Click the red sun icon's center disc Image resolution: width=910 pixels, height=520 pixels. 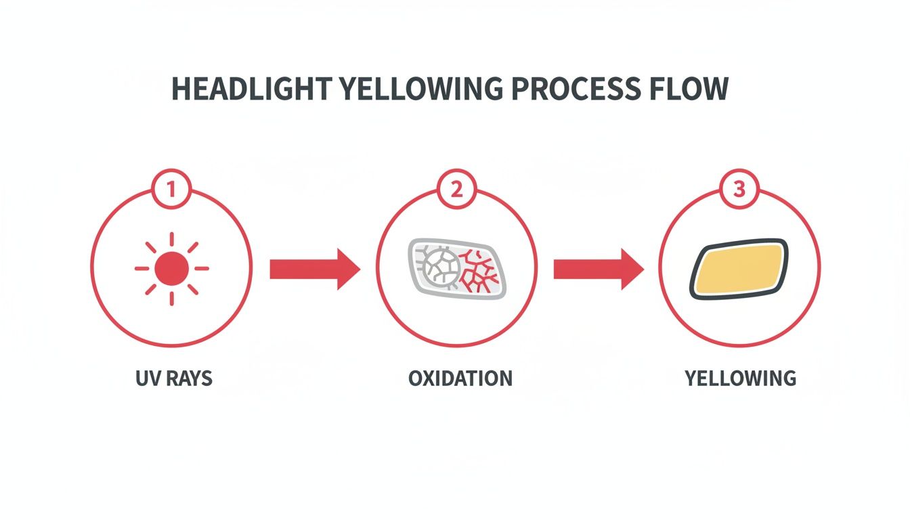(x=171, y=268)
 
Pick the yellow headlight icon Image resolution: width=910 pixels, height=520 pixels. (x=739, y=269)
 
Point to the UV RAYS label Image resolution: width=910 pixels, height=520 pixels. (x=174, y=378)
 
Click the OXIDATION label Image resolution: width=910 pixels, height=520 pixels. (x=460, y=378)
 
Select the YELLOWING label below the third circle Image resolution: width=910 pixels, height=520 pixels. (x=740, y=378)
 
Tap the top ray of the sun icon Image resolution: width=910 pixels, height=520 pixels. (x=171, y=238)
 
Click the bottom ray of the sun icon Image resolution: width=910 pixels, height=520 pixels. (x=171, y=298)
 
